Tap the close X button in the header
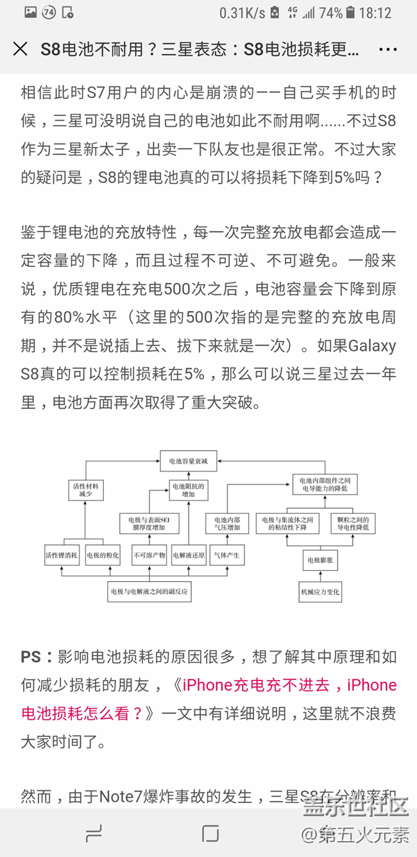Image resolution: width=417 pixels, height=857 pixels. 21,49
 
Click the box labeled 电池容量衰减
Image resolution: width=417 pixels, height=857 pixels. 188,460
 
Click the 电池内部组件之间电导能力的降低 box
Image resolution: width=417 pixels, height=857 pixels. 325,484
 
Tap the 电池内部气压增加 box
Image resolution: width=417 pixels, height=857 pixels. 226,523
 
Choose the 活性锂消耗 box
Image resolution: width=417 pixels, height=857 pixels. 62,555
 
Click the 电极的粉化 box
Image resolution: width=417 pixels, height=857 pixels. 103,555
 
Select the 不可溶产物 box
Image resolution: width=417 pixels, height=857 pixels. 149,555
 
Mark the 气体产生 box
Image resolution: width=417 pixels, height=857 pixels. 226,555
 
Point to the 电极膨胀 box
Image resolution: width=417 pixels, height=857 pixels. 320,561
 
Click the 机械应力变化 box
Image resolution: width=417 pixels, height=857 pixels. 320,591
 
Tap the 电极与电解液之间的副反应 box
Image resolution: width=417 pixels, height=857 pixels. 149,591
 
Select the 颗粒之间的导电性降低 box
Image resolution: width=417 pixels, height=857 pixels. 353,523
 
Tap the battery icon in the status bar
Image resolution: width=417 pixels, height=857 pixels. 350,12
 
